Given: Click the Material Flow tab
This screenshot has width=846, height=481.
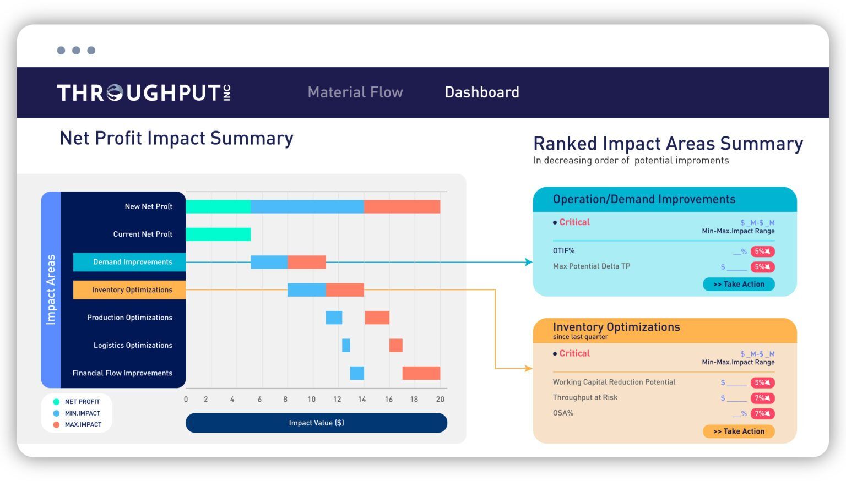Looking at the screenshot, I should point(355,92).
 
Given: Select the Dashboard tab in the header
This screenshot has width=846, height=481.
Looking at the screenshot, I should point(482,92).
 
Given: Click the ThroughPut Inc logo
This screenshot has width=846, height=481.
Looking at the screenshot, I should point(144,92).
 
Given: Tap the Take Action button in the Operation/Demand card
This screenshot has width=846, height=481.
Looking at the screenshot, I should point(739,284).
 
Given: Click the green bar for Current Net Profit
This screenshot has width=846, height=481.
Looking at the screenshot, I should point(218,234).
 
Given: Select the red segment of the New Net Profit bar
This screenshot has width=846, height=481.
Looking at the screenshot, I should point(402,206).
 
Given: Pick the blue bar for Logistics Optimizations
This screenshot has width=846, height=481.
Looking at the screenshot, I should point(346,345).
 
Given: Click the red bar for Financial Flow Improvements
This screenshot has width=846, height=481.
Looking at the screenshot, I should point(421,373).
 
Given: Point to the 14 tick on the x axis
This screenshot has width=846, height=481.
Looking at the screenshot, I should point(362,399).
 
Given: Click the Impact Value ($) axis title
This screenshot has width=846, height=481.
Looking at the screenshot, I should point(316,423).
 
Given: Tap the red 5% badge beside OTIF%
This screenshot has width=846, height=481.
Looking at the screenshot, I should point(762,252).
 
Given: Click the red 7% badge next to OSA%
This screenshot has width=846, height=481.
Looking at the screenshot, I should point(762,413).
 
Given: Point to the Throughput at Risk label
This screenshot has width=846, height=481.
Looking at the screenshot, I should point(585,397).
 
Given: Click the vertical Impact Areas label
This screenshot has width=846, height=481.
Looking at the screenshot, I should point(51,289).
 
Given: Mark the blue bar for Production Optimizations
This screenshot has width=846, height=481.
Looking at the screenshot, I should point(334,318).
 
